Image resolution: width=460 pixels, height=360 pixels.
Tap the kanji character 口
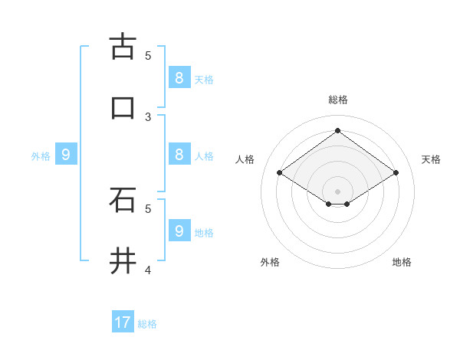pos(123,107)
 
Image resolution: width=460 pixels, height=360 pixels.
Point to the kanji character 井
pos(123,260)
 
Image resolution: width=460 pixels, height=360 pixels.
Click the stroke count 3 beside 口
pos(148,116)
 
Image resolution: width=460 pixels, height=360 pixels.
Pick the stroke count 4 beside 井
pos(148,270)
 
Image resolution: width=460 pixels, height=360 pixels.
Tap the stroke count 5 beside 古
pos(148,55)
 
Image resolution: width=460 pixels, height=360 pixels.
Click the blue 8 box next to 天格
pos(179,77)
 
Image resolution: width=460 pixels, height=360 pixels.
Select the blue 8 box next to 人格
pos(179,154)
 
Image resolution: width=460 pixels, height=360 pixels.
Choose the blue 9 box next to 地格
pos(179,231)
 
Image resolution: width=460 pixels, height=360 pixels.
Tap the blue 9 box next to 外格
pos(66,155)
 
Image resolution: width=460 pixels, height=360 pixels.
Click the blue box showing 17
pos(123,322)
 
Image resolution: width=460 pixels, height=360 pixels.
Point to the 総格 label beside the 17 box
pos(147,324)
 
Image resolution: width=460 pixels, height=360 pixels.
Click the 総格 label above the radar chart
pos(338,100)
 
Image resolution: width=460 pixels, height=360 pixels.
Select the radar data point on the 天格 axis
pos(396,173)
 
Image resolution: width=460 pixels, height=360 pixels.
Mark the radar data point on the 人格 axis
pos(280,173)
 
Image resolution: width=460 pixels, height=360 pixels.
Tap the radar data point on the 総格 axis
pos(337,131)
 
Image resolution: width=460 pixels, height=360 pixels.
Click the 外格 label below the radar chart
pos(270,262)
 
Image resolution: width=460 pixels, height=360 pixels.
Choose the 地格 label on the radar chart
pos(402,262)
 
